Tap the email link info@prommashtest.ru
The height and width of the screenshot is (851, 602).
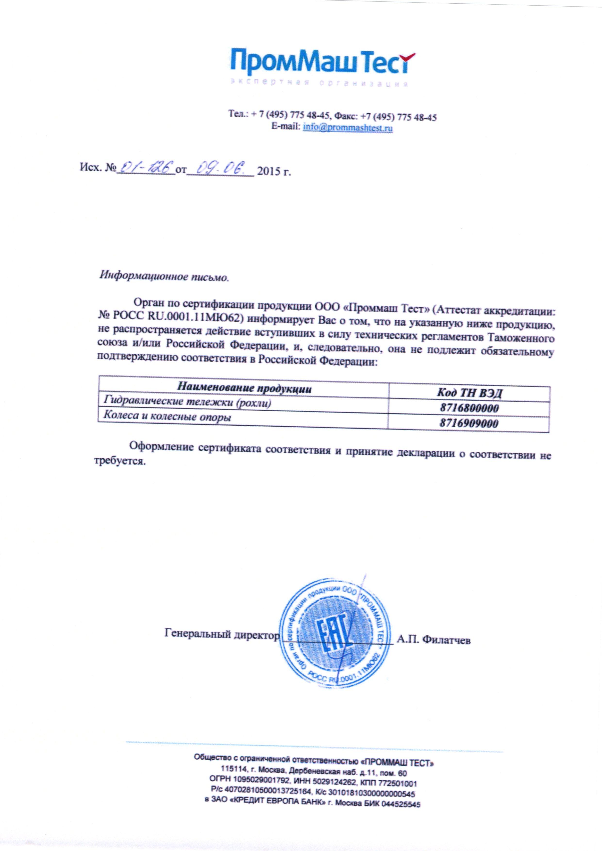click(x=348, y=128)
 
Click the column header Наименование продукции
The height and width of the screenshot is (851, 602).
click(x=244, y=389)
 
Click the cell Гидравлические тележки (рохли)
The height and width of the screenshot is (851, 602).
click(x=187, y=402)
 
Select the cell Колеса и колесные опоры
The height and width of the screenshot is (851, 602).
click(x=167, y=417)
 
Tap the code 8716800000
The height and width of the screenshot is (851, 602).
click(x=469, y=408)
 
